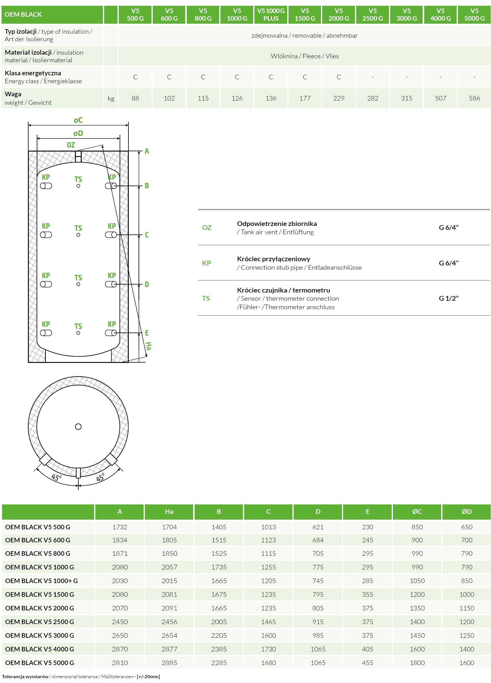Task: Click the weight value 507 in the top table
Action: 440,98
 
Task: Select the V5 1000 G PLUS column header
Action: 271,15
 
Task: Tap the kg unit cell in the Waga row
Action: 111,98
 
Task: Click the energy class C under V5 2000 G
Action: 339,77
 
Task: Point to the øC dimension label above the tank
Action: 78,120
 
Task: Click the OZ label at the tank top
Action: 70,145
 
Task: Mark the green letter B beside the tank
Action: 147,186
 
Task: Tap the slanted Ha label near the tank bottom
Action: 148,346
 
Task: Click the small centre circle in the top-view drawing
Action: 78,427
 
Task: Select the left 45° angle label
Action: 56,477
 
